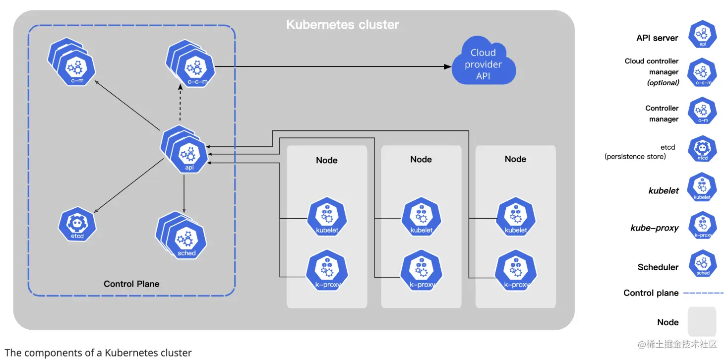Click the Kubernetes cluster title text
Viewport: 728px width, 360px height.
(x=342, y=24)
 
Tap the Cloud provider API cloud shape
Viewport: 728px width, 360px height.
(x=483, y=64)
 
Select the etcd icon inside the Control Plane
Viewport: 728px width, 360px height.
(x=77, y=225)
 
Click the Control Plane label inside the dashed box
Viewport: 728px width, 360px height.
(x=131, y=284)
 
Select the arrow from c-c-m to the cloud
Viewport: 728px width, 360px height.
(x=332, y=66)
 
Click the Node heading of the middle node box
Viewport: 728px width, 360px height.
(x=421, y=159)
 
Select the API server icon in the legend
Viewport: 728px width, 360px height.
(x=703, y=35)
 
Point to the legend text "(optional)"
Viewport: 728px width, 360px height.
(x=663, y=83)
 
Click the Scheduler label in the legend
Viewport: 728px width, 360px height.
(x=658, y=267)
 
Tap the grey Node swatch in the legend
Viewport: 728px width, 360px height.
(x=702, y=322)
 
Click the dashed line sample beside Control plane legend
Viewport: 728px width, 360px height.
(x=703, y=293)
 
